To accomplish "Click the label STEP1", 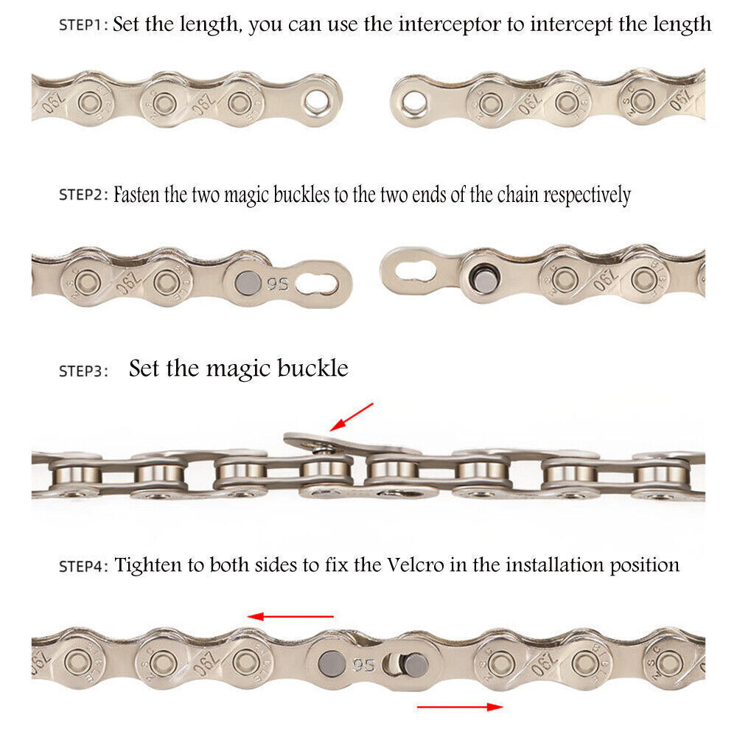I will pyautogui.click(x=83, y=24).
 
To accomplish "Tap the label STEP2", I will pyautogui.click(x=83, y=195).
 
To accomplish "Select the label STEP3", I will pyautogui.click(x=83, y=371).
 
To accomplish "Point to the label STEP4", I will pyautogui.click(x=83, y=566).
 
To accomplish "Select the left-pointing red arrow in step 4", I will pyautogui.click(x=290, y=616).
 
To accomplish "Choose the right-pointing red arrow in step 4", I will pyautogui.click(x=460, y=707).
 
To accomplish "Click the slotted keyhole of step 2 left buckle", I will pyautogui.click(x=321, y=282).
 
